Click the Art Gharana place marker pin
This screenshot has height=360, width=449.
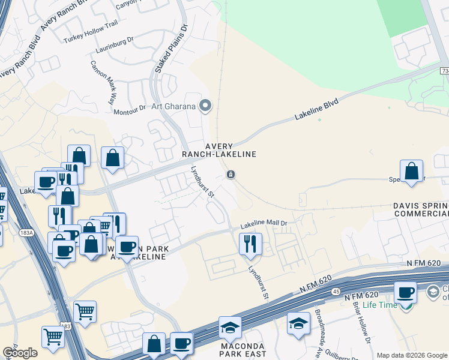point(205,106)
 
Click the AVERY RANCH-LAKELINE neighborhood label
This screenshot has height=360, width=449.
point(231,150)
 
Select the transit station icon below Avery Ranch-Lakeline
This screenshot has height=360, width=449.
point(231,175)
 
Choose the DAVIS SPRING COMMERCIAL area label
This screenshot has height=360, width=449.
point(421,209)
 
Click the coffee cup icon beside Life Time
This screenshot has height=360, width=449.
point(406,292)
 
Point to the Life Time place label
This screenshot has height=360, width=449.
point(379,305)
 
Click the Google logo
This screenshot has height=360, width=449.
point(20,353)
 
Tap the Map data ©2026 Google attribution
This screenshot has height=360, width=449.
point(412,355)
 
